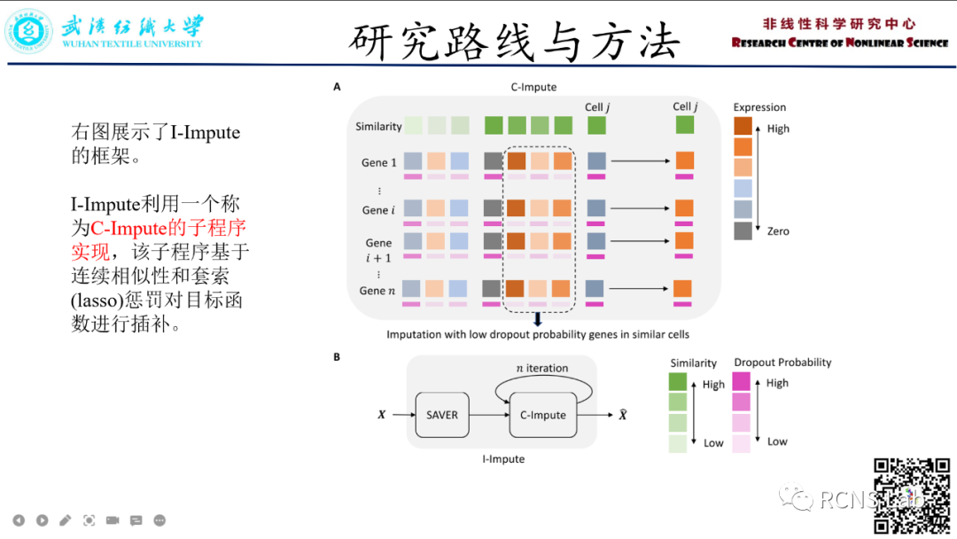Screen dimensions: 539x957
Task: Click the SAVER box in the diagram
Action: pyautogui.click(x=442, y=414)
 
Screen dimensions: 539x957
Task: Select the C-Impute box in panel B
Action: pyautogui.click(x=542, y=414)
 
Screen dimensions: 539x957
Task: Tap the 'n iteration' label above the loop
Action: pyautogui.click(x=541, y=368)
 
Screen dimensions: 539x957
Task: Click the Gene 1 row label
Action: pyautogui.click(x=378, y=162)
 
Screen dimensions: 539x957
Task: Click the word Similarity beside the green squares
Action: pyautogui.click(x=378, y=127)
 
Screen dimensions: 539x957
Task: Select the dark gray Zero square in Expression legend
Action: pyautogui.click(x=743, y=230)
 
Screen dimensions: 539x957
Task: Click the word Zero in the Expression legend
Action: pyautogui.click(x=778, y=231)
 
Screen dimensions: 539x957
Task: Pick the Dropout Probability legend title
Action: pyautogui.click(x=782, y=362)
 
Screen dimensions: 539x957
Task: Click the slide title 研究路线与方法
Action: pyautogui.click(x=515, y=41)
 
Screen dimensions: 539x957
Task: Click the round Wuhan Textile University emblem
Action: pyautogui.click(x=30, y=31)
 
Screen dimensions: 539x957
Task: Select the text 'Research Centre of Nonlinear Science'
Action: pyautogui.click(x=839, y=43)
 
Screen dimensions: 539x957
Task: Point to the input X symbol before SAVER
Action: pyautogui.click(x=381, y=414)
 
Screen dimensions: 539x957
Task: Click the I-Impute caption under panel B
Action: pyautogui.click(x=502, y=459)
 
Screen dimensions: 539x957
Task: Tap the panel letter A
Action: pyautogui.click(x=337, y=87)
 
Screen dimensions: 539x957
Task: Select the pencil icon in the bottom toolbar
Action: pyautogui.click(x=66, y=520)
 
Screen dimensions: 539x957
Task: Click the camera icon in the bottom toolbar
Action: pyautogui.click(x=113, y=520)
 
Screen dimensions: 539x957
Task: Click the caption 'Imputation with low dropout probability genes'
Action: pyautogui.click(x=537, y=334)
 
